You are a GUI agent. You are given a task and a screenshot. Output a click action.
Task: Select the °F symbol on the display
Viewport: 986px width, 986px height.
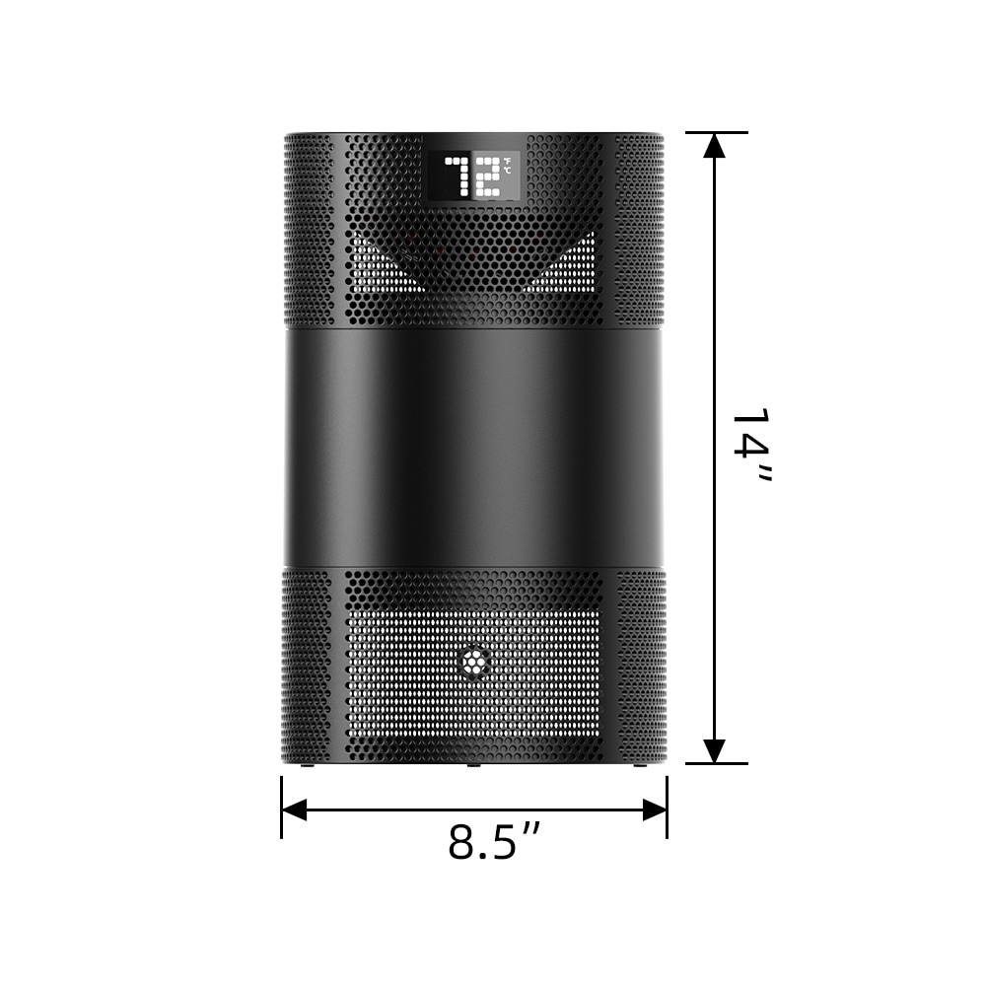pos(507,161)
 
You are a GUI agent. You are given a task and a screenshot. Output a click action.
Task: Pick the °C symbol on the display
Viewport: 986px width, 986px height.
pos(507,172)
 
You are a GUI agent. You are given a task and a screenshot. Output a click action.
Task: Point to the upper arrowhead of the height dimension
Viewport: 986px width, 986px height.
pos(715,146)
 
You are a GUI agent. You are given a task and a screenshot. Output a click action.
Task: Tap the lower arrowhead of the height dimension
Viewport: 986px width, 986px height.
pos(715,749)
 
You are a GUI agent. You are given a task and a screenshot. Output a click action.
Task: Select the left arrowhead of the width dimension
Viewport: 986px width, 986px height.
pos(294,810)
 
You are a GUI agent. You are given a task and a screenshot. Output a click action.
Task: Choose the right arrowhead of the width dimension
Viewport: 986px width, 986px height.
pos(655,810)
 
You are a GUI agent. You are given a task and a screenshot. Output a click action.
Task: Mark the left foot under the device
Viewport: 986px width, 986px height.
pos(307,765)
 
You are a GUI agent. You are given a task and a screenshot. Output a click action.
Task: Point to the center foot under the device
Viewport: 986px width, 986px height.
pos(473,765)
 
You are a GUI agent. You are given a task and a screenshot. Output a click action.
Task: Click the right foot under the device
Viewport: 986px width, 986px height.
pos(640,765)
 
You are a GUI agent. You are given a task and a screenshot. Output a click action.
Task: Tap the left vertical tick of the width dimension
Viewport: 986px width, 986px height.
pos(281,807)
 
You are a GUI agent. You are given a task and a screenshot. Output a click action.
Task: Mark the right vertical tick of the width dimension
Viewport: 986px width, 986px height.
pos(668,807)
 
